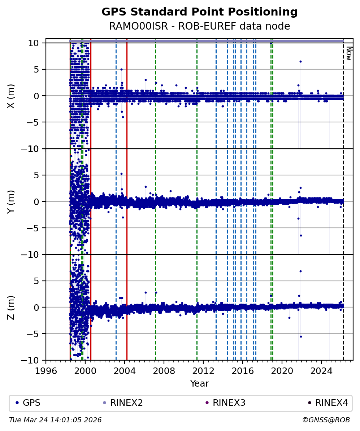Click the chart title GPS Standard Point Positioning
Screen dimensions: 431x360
(199, 12)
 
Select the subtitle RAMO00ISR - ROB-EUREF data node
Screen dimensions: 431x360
(199, 26)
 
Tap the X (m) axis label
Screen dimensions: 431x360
(11, 96)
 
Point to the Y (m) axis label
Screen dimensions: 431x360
(11, 201)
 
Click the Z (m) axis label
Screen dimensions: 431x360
(11, 307)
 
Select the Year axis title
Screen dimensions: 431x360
(199, 384)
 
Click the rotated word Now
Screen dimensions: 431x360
(349, 53)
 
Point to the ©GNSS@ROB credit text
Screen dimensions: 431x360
(326, 420)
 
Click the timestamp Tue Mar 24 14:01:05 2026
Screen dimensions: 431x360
(55, 420)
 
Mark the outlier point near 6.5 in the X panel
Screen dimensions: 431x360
(300, 61)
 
